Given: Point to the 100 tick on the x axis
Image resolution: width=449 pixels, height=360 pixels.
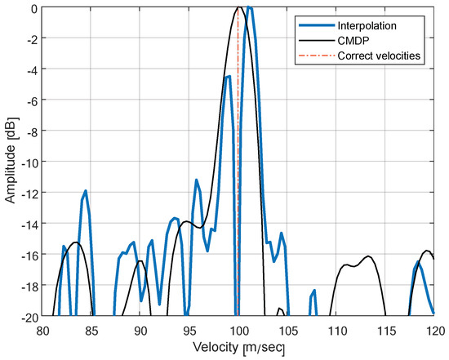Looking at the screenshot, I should pos(238,331).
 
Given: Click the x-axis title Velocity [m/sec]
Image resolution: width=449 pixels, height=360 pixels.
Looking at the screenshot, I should pos(238,348).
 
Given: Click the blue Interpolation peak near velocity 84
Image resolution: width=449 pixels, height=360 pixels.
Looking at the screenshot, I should pos(85,191).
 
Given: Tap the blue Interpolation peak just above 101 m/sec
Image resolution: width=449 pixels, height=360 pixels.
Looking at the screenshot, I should pos(249,8).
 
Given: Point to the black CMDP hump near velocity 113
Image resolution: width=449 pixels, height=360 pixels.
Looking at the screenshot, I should pos(368,257).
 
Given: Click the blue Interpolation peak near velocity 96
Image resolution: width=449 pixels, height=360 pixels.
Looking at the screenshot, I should pos(197,180).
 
